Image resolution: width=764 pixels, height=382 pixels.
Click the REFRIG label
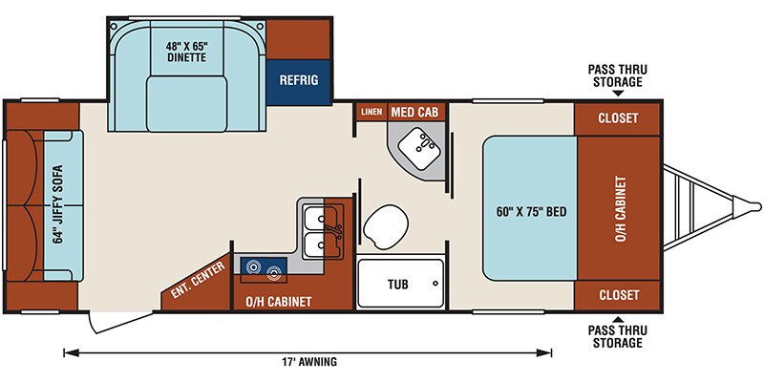point(299,80)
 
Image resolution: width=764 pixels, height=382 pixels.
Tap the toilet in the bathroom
point(385,225)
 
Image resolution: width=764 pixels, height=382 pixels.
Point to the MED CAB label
point(414,113)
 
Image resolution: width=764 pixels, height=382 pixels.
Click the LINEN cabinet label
point(371,112)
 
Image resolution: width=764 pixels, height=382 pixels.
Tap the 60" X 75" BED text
point(530,212)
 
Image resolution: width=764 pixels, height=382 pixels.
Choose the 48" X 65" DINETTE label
point(188,52)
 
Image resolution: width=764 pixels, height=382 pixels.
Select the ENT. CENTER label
point(199,280)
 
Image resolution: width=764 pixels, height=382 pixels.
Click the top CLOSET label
point(618,118)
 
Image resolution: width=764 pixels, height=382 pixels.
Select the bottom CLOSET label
point(619,295)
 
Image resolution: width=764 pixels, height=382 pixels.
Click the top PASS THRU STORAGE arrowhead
point(618,93)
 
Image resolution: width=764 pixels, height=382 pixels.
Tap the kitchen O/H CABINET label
point(278,302)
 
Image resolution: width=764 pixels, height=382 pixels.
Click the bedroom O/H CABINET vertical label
point(621,208)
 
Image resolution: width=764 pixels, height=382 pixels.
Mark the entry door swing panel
point(123,322)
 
